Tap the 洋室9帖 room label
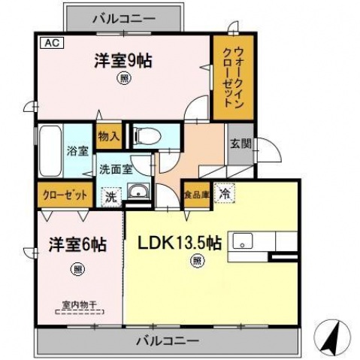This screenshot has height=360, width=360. point(123,60)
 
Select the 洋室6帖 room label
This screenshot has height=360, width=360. point(77,245)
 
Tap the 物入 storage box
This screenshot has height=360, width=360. point(109,136)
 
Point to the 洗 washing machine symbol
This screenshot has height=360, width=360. point(110,198)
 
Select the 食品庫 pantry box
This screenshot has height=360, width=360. point(195,194)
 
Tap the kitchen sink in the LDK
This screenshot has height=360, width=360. point(243,242)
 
